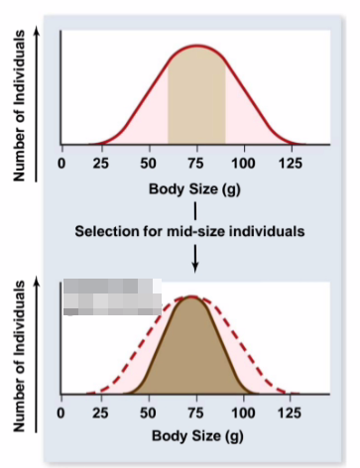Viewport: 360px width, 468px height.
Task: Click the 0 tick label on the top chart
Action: (61, 163)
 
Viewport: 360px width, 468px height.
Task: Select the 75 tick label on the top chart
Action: (196, 163)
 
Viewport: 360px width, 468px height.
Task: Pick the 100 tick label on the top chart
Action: (244, 163)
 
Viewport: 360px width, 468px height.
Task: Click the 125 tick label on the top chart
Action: (291, 163)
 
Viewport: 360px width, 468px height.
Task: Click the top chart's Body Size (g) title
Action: (195, 188)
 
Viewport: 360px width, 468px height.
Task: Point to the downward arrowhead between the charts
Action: (195, 265)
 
